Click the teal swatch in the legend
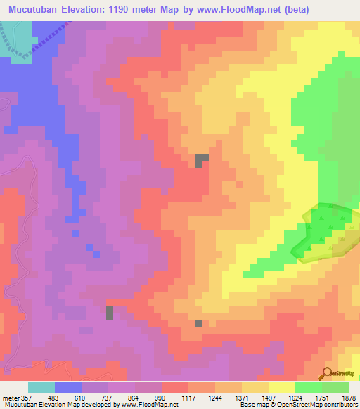point(41,387)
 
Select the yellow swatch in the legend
point(281,387)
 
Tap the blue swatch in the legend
point(68,387)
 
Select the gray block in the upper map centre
point(202,160)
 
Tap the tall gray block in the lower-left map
point(110,313)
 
